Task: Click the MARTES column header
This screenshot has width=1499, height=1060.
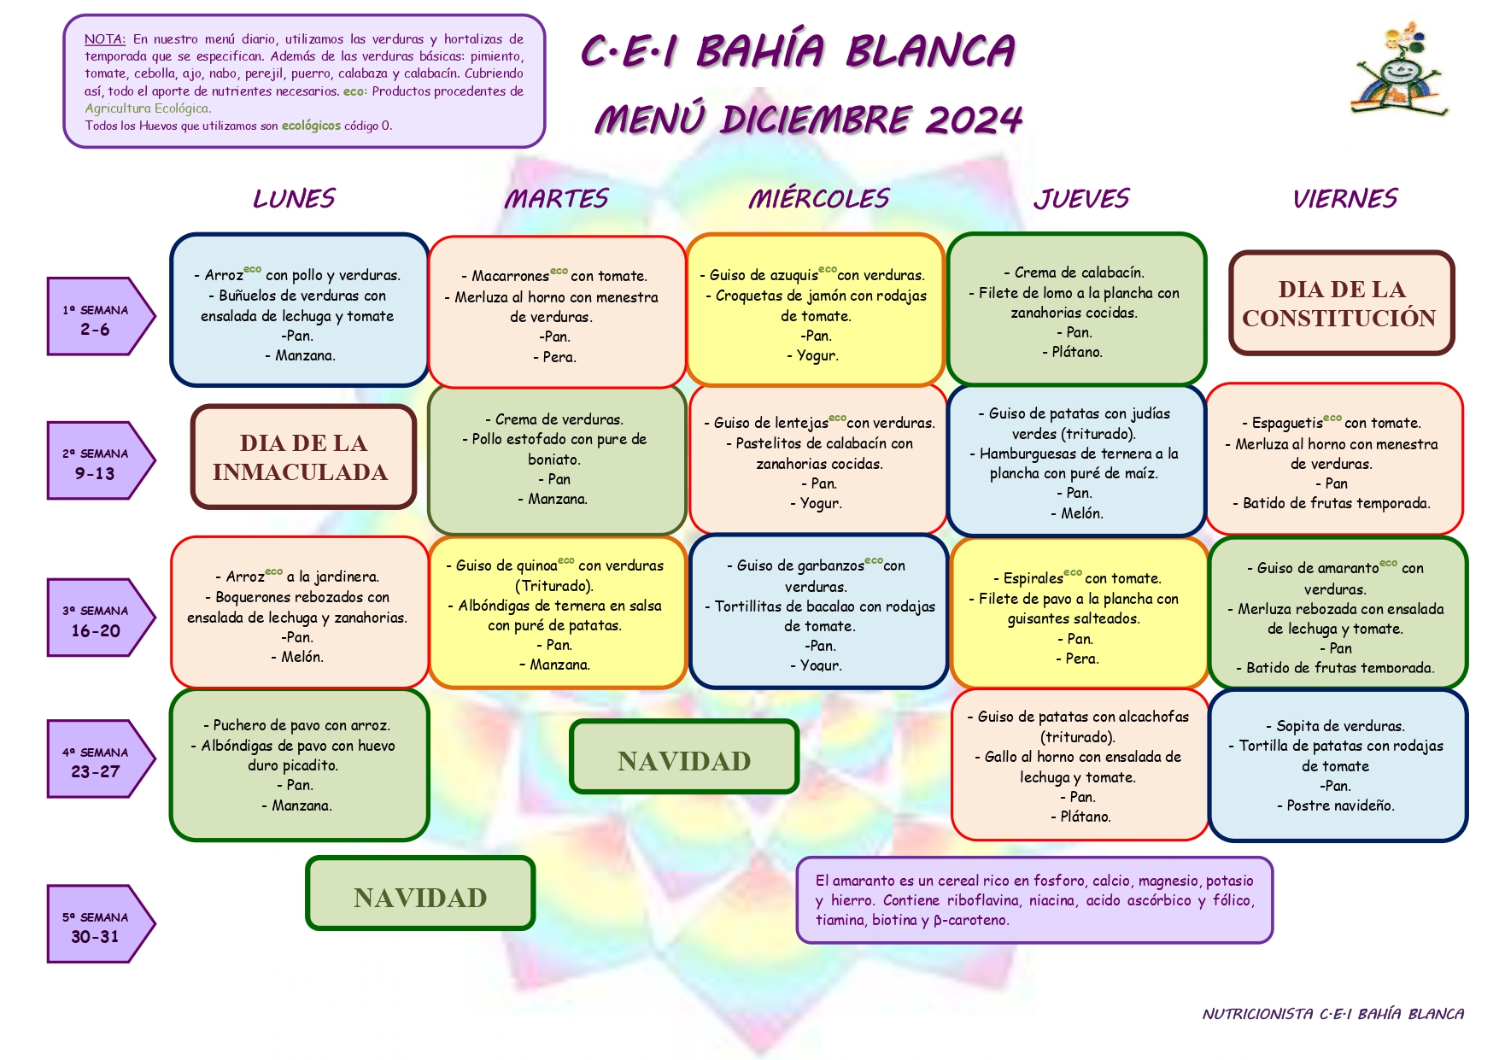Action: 556,198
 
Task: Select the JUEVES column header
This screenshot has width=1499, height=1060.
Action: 1081,198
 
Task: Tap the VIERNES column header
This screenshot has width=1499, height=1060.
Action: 1344,198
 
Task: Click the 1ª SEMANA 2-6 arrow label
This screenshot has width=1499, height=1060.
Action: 101,316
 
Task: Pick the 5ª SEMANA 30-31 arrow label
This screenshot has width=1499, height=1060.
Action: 101,923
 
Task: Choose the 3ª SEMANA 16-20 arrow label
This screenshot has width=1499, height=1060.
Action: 101,618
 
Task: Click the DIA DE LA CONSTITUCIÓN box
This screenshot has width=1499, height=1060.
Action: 1341,303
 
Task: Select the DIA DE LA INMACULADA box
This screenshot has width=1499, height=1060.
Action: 303,457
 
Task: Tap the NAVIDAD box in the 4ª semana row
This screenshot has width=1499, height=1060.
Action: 684,757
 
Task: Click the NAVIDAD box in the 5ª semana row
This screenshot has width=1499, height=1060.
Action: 420,893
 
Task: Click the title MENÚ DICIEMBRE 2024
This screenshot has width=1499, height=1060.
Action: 808,119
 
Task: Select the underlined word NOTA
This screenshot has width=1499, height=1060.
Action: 105,39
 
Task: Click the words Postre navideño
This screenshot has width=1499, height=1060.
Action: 1340,805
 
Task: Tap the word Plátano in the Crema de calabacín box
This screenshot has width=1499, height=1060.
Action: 1077,352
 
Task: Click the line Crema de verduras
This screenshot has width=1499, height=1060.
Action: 559,419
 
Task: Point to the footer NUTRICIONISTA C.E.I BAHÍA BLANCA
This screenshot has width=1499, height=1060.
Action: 1333,1014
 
